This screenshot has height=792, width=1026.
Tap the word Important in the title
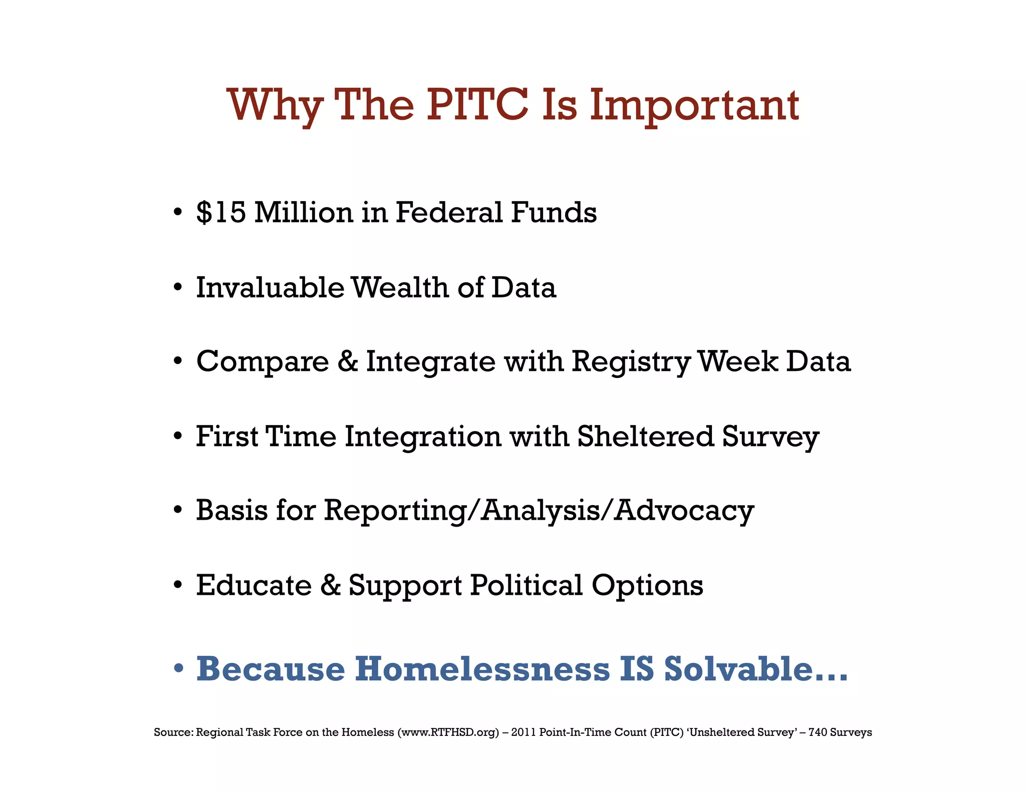(694, 106)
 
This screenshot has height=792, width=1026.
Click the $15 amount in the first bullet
(221, 212)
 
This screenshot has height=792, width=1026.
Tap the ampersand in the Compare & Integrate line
(348, 361)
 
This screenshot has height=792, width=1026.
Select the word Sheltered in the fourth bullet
(645, 436)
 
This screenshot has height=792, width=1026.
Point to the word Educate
(254, 585)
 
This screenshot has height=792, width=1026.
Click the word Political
(527, 585)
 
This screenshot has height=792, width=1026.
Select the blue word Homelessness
(482, 669)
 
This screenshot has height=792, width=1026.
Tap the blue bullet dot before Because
(178, 669)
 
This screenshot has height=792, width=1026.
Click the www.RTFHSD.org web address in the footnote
(448, 732)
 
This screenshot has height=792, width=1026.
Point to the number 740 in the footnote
(818, 732)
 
